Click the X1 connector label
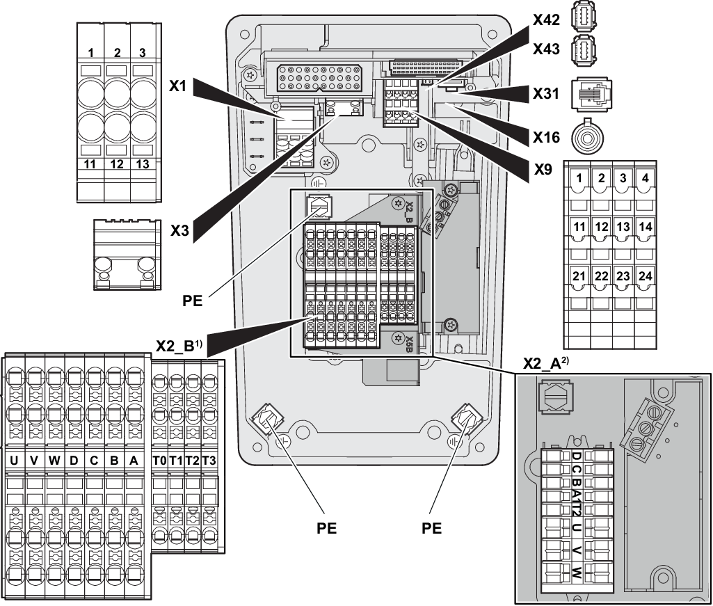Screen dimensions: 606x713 click(x=179, y=86)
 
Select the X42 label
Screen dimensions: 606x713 click(x=546, y=19)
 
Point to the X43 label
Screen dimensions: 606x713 click(x=546, y=49)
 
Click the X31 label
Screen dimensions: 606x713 click(x=546, y=93)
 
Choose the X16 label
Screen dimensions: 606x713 click(x=546, y=138)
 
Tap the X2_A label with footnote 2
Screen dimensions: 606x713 click(x=543, y=362)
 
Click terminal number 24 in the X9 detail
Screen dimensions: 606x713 click(x=645, y=277)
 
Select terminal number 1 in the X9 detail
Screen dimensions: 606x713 click(x=578, y=178)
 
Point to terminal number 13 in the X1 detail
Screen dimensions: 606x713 click(x=142, y=164)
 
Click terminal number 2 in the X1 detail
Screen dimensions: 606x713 click(x=117, y=53)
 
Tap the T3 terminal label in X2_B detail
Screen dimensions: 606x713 click(x=209, y=460)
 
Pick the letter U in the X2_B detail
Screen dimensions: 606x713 click(x=14, y=460)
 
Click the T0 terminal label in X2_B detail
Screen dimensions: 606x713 click(x=159, y=460)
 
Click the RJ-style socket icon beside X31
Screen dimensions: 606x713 click(x=588, y=94)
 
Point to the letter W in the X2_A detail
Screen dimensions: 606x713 click(x=577, y=575)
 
